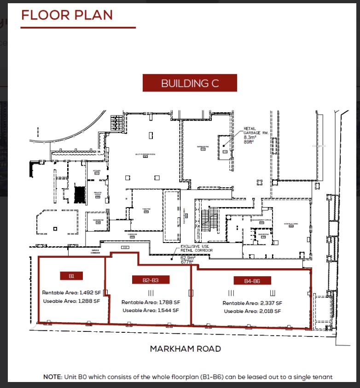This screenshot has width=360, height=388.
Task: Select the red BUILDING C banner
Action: coord(190,83)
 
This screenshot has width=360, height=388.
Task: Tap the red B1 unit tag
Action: coord(72,276)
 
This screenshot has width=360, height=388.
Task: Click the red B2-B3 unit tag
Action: coord(150,279)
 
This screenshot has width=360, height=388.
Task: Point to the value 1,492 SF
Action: coord(90,292)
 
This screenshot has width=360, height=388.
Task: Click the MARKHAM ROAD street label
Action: coord(185,349)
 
